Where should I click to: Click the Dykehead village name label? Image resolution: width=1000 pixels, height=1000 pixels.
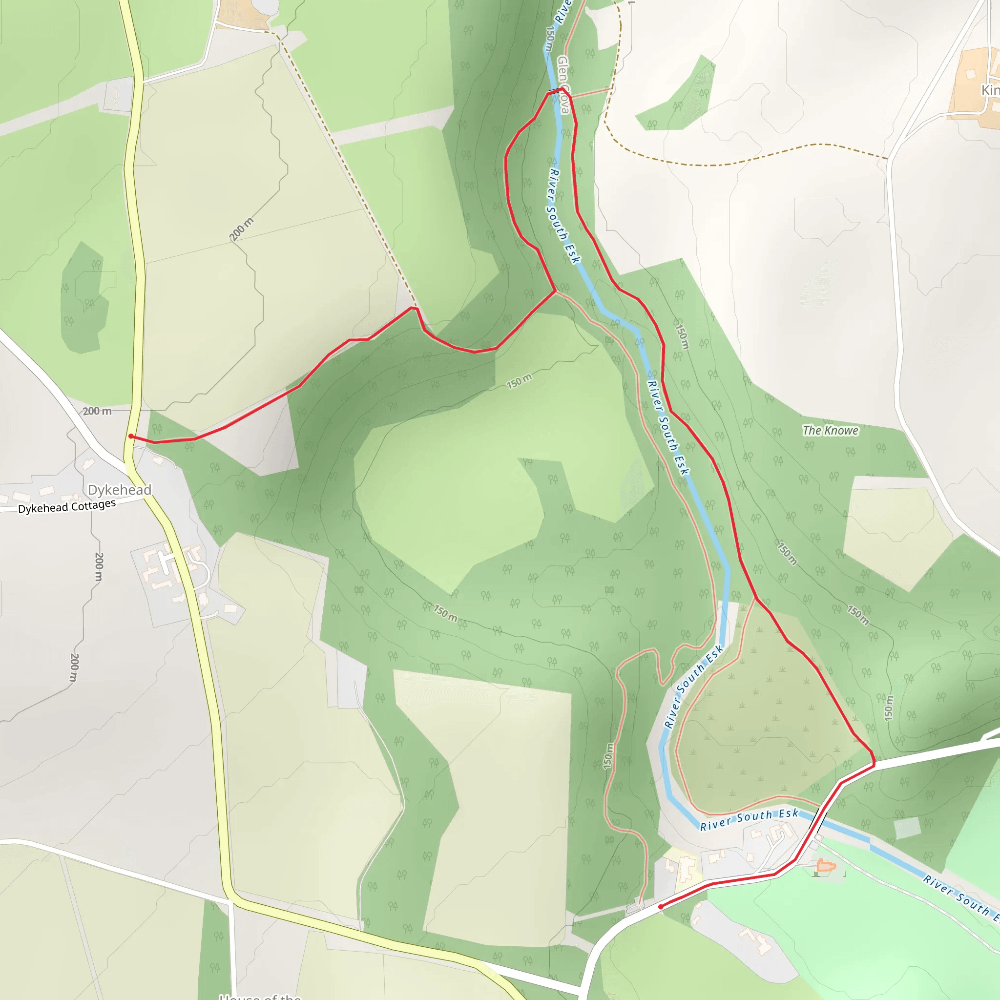pyautogui.click(x=120, y=490)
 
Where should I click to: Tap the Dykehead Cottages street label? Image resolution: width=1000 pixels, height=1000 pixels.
pyautogui.click(x=67, y=506)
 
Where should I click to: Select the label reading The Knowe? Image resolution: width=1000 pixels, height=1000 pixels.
pyautogui.click(x=830, y=431)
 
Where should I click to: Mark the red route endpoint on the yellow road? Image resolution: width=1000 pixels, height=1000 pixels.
pyautogui.click(x=131, y=437)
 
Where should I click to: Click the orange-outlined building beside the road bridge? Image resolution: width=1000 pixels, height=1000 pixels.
pyautogui.click(x=826, y=865)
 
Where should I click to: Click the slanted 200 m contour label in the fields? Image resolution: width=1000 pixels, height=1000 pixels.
pyautogui.click(x=242, y=229)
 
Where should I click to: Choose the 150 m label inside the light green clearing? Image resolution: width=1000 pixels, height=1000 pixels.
pyautogui.click(x=519, y=381)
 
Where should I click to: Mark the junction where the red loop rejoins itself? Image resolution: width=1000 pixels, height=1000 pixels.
pyautogui.click(x=555, y=292)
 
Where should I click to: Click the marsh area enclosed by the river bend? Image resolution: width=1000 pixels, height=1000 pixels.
pyautogui.click(x=761, y=725)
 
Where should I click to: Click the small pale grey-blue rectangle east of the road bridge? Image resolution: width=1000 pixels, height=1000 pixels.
pyautogui.click(x=907, y=828)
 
